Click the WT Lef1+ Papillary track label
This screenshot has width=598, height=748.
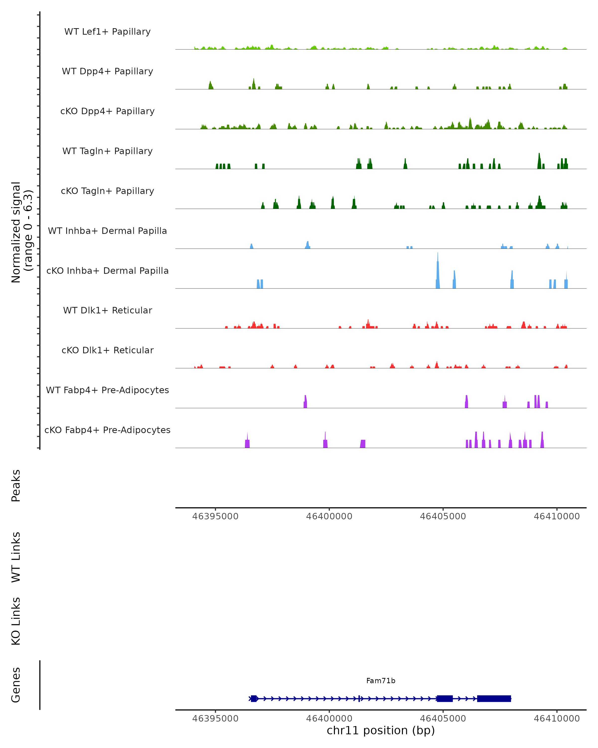click(x=107, y=32)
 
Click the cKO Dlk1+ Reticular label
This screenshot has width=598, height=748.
click(x=107, y=350)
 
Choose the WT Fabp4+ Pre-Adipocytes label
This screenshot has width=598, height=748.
click(x=107, y=390)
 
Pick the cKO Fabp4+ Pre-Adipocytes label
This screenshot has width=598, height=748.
click(x=107, y=430)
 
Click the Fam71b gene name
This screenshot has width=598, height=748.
click(x=381, y=681)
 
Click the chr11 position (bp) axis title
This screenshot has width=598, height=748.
click(x=381, y=730)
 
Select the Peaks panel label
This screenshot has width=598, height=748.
click(x=16, y=485)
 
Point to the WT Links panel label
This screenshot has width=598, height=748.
click(x=16, y=557)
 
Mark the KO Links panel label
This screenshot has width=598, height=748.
click(x=16, y=621)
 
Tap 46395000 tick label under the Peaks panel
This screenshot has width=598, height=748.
click(x=215, y=516)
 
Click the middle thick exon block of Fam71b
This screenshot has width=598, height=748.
click(x=445, y=698)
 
